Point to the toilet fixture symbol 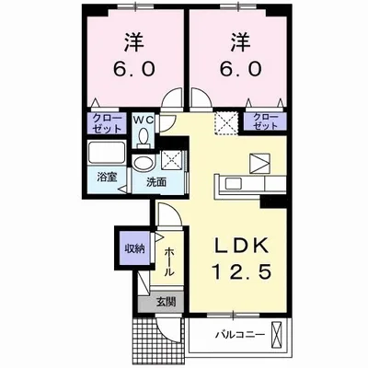tap(143, 137)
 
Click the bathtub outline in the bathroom tap(108, 153)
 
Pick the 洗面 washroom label tap(155, 182)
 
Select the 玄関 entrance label tap(165, 302)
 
